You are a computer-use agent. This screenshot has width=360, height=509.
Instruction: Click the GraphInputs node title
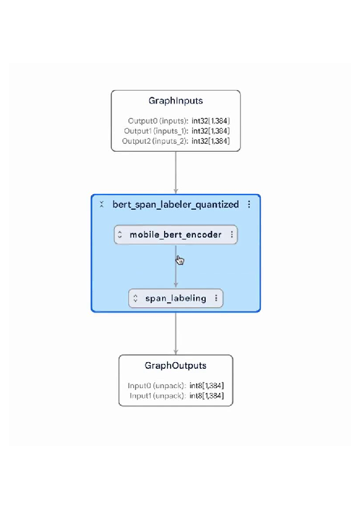175,101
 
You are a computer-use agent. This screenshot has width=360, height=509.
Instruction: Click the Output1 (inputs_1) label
156,131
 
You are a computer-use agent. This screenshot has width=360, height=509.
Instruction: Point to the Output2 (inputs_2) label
156,141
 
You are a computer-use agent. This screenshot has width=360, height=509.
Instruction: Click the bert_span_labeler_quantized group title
175,204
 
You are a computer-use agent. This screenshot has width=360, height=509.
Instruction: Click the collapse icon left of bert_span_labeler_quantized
102,204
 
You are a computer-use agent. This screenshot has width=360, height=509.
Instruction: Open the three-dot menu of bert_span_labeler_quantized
249,204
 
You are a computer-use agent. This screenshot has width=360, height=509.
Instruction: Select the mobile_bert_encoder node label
175,235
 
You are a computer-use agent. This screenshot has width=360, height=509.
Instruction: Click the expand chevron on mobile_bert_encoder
120,235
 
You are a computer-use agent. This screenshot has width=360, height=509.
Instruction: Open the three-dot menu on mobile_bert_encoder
231,235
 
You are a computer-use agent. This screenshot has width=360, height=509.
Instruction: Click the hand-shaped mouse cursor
180,260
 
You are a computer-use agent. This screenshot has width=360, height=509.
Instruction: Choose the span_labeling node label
175,298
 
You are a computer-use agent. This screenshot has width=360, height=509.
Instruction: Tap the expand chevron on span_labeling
135,298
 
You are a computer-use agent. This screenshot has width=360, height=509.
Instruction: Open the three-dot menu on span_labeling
217,298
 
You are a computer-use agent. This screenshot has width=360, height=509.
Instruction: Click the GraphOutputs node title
175,366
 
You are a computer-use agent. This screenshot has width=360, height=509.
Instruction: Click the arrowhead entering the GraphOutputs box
175,351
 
